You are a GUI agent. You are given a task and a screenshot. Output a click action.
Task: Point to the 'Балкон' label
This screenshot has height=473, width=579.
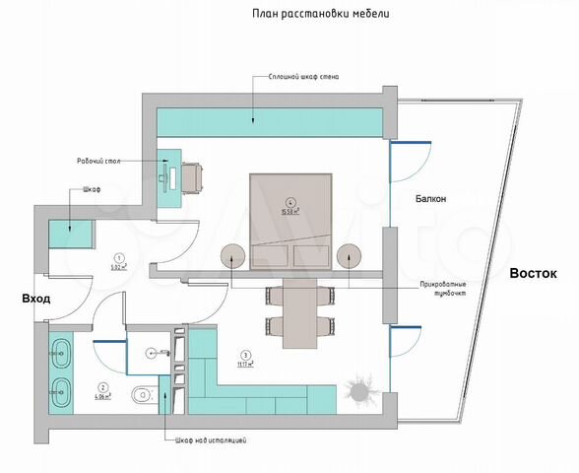click(430, 198)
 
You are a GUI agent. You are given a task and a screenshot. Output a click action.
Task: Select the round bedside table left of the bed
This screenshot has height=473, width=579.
click(232, 256)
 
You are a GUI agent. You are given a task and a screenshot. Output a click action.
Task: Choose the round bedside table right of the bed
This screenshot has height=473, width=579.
click(350, 256)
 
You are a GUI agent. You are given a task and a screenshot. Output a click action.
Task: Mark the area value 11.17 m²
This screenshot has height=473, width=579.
click(244, 363)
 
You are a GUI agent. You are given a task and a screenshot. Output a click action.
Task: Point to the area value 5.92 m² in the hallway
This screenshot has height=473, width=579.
click(118, 266)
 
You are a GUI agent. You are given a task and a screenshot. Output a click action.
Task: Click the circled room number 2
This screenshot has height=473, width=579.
click(103, 386)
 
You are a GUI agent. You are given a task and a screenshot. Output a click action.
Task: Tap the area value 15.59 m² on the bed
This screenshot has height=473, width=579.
click(290, 209)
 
